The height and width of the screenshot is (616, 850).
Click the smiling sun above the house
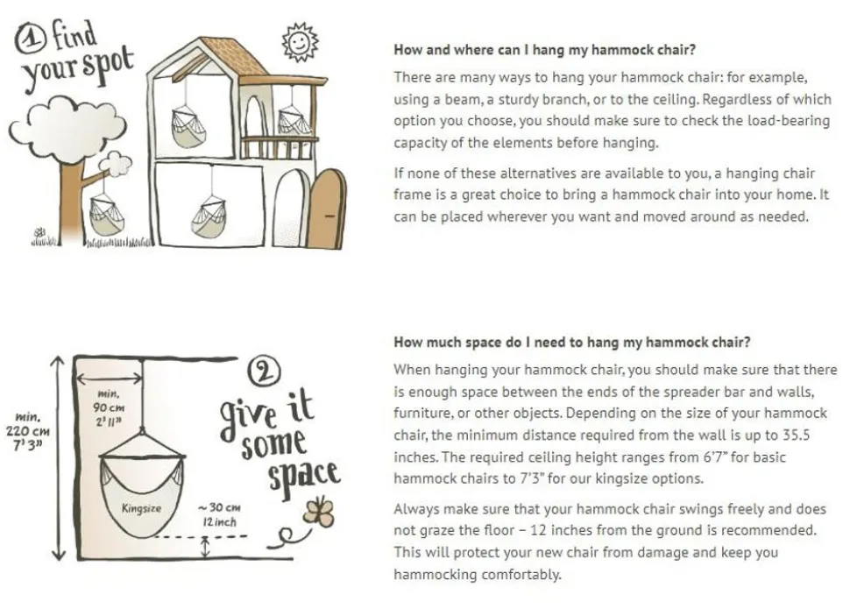pos(300,42)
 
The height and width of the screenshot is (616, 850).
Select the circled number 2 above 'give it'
pos(264,372)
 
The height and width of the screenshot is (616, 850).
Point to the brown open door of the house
pos(327,209)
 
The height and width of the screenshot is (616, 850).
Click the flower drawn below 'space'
pos(319,512)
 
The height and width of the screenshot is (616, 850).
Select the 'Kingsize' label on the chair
pos(141,508)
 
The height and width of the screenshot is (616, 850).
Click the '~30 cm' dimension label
pos(219,507)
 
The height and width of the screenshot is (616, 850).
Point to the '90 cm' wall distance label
pos(109,407)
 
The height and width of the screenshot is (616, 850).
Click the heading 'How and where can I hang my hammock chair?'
pos(544,50)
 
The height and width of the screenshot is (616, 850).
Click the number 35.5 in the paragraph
pos(796,435)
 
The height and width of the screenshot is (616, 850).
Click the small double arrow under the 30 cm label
pos(205,547)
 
